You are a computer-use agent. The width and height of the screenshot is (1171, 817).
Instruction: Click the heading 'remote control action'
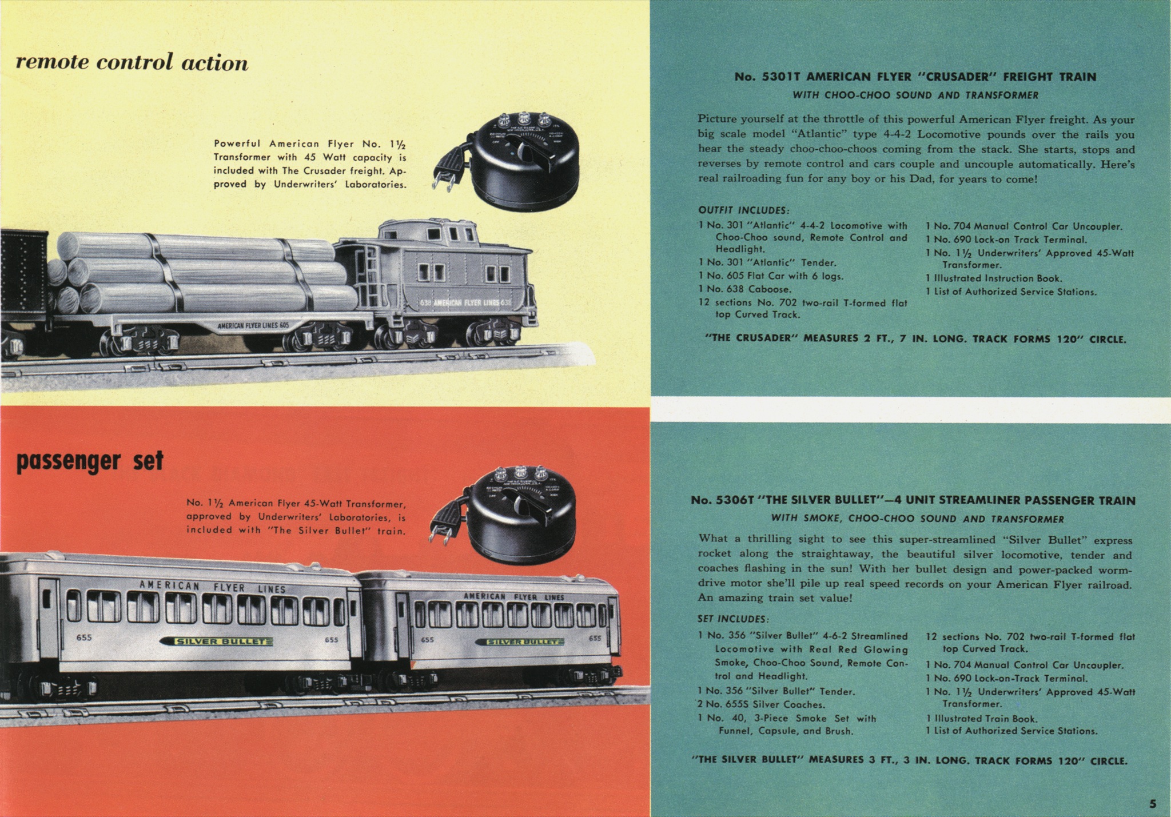point(132,62)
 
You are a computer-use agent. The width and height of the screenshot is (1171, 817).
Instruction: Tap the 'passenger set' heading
point(90,461)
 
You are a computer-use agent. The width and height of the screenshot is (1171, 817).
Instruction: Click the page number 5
point(1153,803)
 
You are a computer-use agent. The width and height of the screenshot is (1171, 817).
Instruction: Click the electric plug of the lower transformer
point(443,523)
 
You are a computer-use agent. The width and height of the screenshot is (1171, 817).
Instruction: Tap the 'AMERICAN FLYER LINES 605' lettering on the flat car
point(253,326)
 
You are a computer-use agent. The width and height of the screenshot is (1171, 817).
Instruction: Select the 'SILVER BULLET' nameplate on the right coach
point(520,642)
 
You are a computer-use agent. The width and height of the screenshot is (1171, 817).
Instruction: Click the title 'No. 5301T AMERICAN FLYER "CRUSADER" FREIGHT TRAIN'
point(915,77)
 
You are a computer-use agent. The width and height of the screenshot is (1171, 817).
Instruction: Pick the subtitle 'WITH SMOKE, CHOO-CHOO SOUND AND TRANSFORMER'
point(918,519)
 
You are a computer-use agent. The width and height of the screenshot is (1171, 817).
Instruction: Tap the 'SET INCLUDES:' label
point(734,619)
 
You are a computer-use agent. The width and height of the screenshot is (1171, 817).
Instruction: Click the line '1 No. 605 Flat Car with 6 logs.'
point(771,276)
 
